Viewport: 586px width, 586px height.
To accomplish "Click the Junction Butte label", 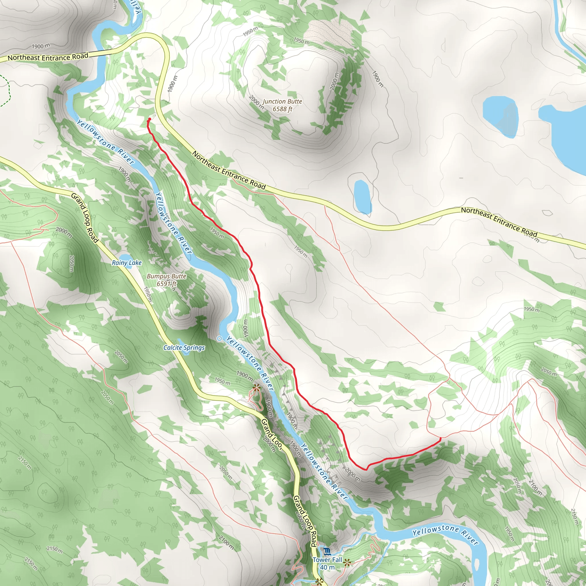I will pos(282,101).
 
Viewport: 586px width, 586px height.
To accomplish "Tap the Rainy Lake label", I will pos(126,263).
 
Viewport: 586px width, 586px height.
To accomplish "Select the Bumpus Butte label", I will pos(167,276).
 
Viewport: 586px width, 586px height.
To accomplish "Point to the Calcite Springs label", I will pos(184,348).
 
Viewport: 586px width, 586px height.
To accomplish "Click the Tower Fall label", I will pos(327,560).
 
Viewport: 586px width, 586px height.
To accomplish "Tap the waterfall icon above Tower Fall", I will pos(327,551).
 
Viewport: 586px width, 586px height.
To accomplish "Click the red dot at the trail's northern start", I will pos(150,119).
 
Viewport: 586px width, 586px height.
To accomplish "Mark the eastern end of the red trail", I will pos(440,438).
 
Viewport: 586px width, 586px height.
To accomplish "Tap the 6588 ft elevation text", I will pos(282,109).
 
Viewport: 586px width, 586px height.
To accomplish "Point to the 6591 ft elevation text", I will pos(167,284).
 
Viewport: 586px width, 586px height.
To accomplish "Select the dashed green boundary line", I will pos(7,91).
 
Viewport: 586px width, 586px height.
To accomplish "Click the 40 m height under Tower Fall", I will pos(327,567).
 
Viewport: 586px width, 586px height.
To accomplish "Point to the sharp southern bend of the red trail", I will pos(366,469).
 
